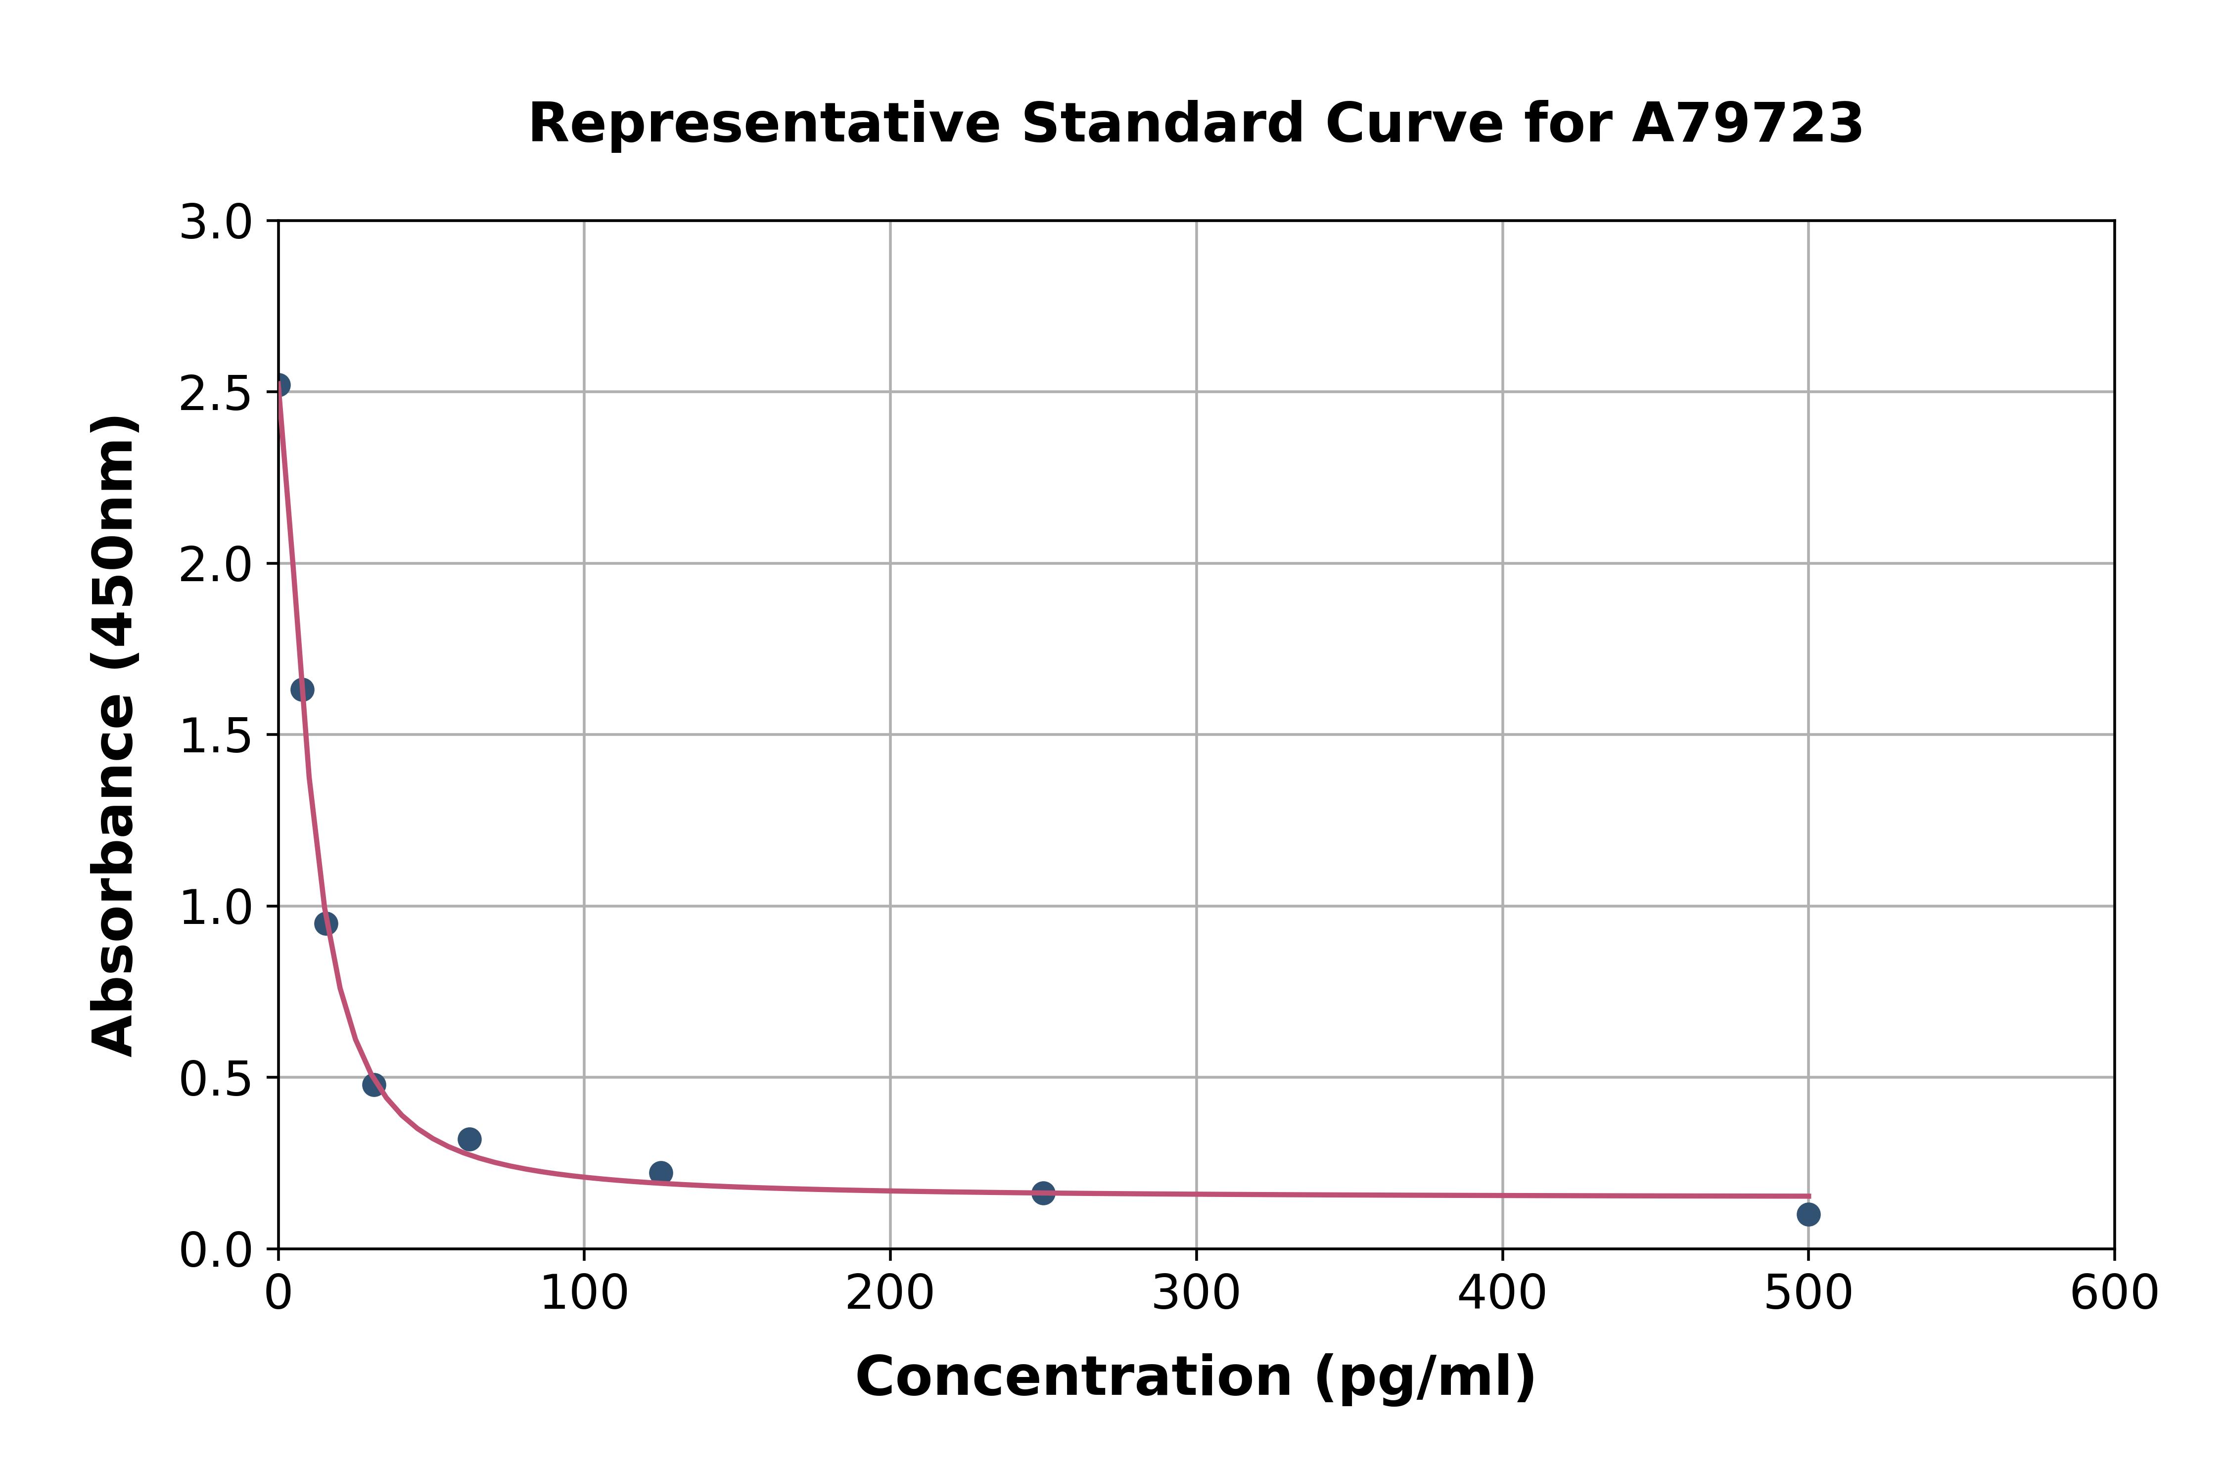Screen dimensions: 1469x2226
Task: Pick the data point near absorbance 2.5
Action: pos(279,385)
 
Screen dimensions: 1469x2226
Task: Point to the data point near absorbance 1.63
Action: pos(302,689)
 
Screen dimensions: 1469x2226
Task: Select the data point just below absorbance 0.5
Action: pos(374,1085)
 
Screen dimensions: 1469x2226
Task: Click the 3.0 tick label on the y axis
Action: pos(216,223)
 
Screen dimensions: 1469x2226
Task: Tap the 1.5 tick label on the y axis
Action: pos(216,736)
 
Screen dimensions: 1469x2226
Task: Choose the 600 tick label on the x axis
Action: pos(2114,1294)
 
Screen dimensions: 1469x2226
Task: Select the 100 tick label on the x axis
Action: pos(584,1294)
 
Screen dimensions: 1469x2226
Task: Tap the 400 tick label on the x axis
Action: pos(1502,1294)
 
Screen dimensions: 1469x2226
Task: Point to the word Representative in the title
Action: pos(764,124)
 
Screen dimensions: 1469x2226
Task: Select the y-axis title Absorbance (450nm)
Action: pos(114,735)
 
